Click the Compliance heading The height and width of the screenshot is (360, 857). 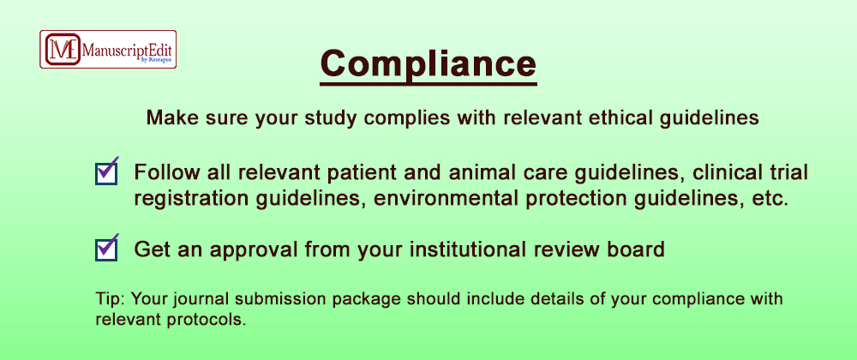(x=428, y=64)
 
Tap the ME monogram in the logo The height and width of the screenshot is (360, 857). (x=63, y=49)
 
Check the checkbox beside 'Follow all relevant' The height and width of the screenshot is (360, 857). (x=106, y=174)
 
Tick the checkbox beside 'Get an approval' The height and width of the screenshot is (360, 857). (x=106, y=250)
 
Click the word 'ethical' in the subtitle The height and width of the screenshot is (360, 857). (x=602, y=118)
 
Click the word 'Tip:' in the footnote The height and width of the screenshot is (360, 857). (x=111, y=300)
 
